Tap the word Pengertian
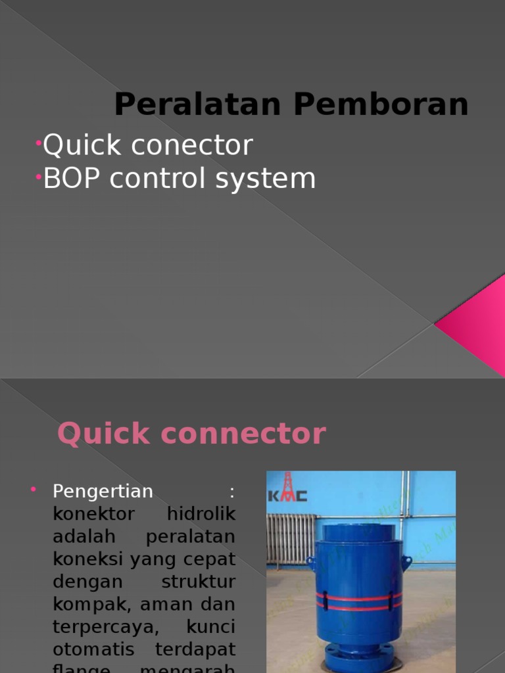pos(103,491)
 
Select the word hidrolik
pos(201,514)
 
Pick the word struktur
pos(198,582)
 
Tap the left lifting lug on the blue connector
pos(310,563)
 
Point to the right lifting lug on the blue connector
pos(406,561)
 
